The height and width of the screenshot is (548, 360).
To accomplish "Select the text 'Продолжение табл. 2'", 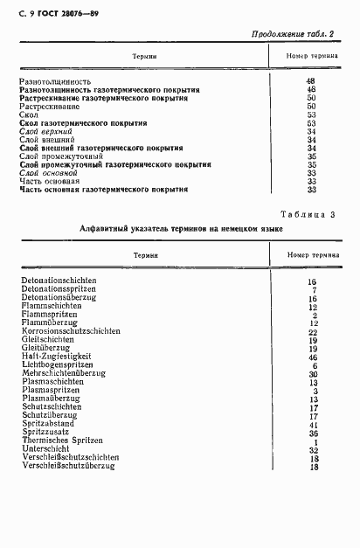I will coord(293,34).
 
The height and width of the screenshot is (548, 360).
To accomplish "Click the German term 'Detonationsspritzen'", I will coord(60,289).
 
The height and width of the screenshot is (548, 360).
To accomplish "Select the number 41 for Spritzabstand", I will coord(311,424).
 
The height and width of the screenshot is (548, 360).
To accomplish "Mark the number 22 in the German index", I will coord(311,332).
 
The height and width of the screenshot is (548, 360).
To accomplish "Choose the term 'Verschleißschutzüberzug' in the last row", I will coord(67,467).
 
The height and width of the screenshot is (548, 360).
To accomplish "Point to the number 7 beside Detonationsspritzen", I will coord(312,289).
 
